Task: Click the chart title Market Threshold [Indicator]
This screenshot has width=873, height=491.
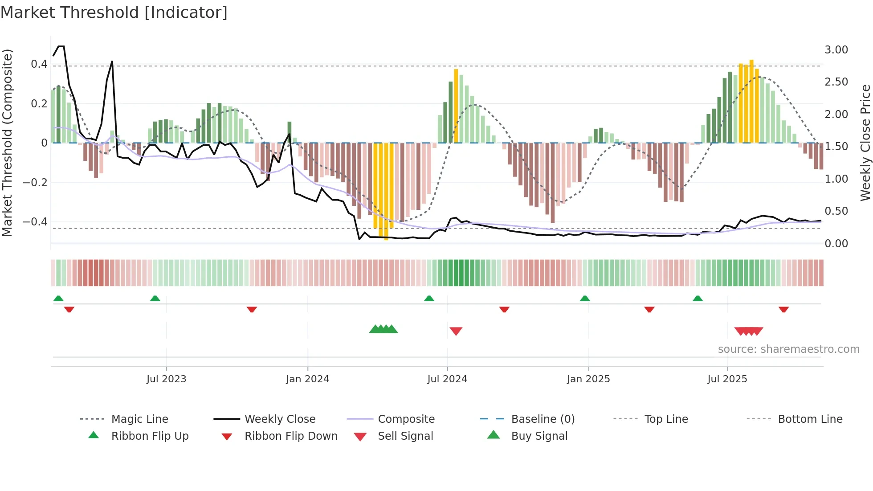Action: click(x=114, y=12)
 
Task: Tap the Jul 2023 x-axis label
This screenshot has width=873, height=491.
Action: click(x=166, y=379)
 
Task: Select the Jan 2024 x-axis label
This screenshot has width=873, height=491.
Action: click(x=307, y=379)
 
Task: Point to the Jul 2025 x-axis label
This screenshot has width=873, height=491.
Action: click(x=727, y=379)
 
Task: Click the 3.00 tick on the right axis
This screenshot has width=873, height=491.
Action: click(x=836, y=50)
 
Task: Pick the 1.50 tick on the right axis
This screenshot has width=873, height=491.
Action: click(x=836, y=147)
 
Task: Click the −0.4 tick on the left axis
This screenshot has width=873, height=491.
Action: click(x=35, y=222)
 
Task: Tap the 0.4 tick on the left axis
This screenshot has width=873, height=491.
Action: click(x=39, y=64)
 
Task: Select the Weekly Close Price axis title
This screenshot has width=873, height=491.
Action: click(x=865, y=143)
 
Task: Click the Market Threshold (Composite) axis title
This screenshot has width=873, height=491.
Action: click(x=7, y=143)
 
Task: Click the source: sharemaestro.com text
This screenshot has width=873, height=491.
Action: click(x=788, y=349)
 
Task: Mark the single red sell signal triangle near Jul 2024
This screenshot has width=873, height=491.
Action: click(x=456, y=331)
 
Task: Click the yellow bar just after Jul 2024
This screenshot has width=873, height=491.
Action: click(x=456, y=107)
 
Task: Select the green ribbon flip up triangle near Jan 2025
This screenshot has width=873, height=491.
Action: click(x=585, y=299)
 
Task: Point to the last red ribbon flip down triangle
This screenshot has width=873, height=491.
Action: click(x=783, y=309)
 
